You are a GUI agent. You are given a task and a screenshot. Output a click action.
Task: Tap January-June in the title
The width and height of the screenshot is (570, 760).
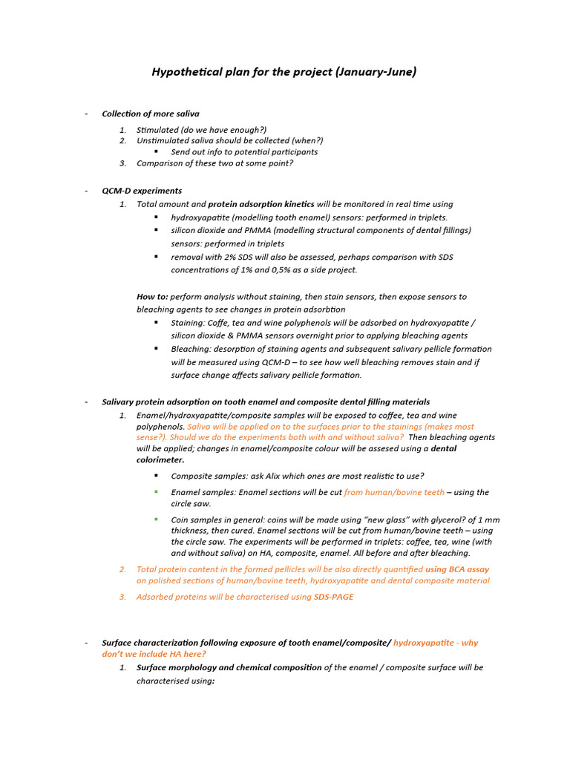[x=376, y=72]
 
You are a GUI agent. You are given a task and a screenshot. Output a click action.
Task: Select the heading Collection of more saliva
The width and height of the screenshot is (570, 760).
[x=151, y=114]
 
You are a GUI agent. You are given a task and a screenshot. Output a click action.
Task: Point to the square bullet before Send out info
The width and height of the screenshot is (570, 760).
[x=156, y=151]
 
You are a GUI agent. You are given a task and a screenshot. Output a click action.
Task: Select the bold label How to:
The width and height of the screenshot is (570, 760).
[x=152, y=297]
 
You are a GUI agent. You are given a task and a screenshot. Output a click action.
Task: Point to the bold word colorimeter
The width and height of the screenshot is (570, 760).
[x=160, y=460]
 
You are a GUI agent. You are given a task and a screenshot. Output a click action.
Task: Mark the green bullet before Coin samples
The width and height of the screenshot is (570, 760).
[x=156, y=519]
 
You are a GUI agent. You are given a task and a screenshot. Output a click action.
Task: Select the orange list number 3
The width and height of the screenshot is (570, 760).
[x=123, y=597]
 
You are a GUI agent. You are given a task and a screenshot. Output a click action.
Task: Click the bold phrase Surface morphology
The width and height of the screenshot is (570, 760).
[x=177, y=668]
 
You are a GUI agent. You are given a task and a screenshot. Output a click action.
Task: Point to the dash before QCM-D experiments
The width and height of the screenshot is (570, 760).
[x=86, y=191]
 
